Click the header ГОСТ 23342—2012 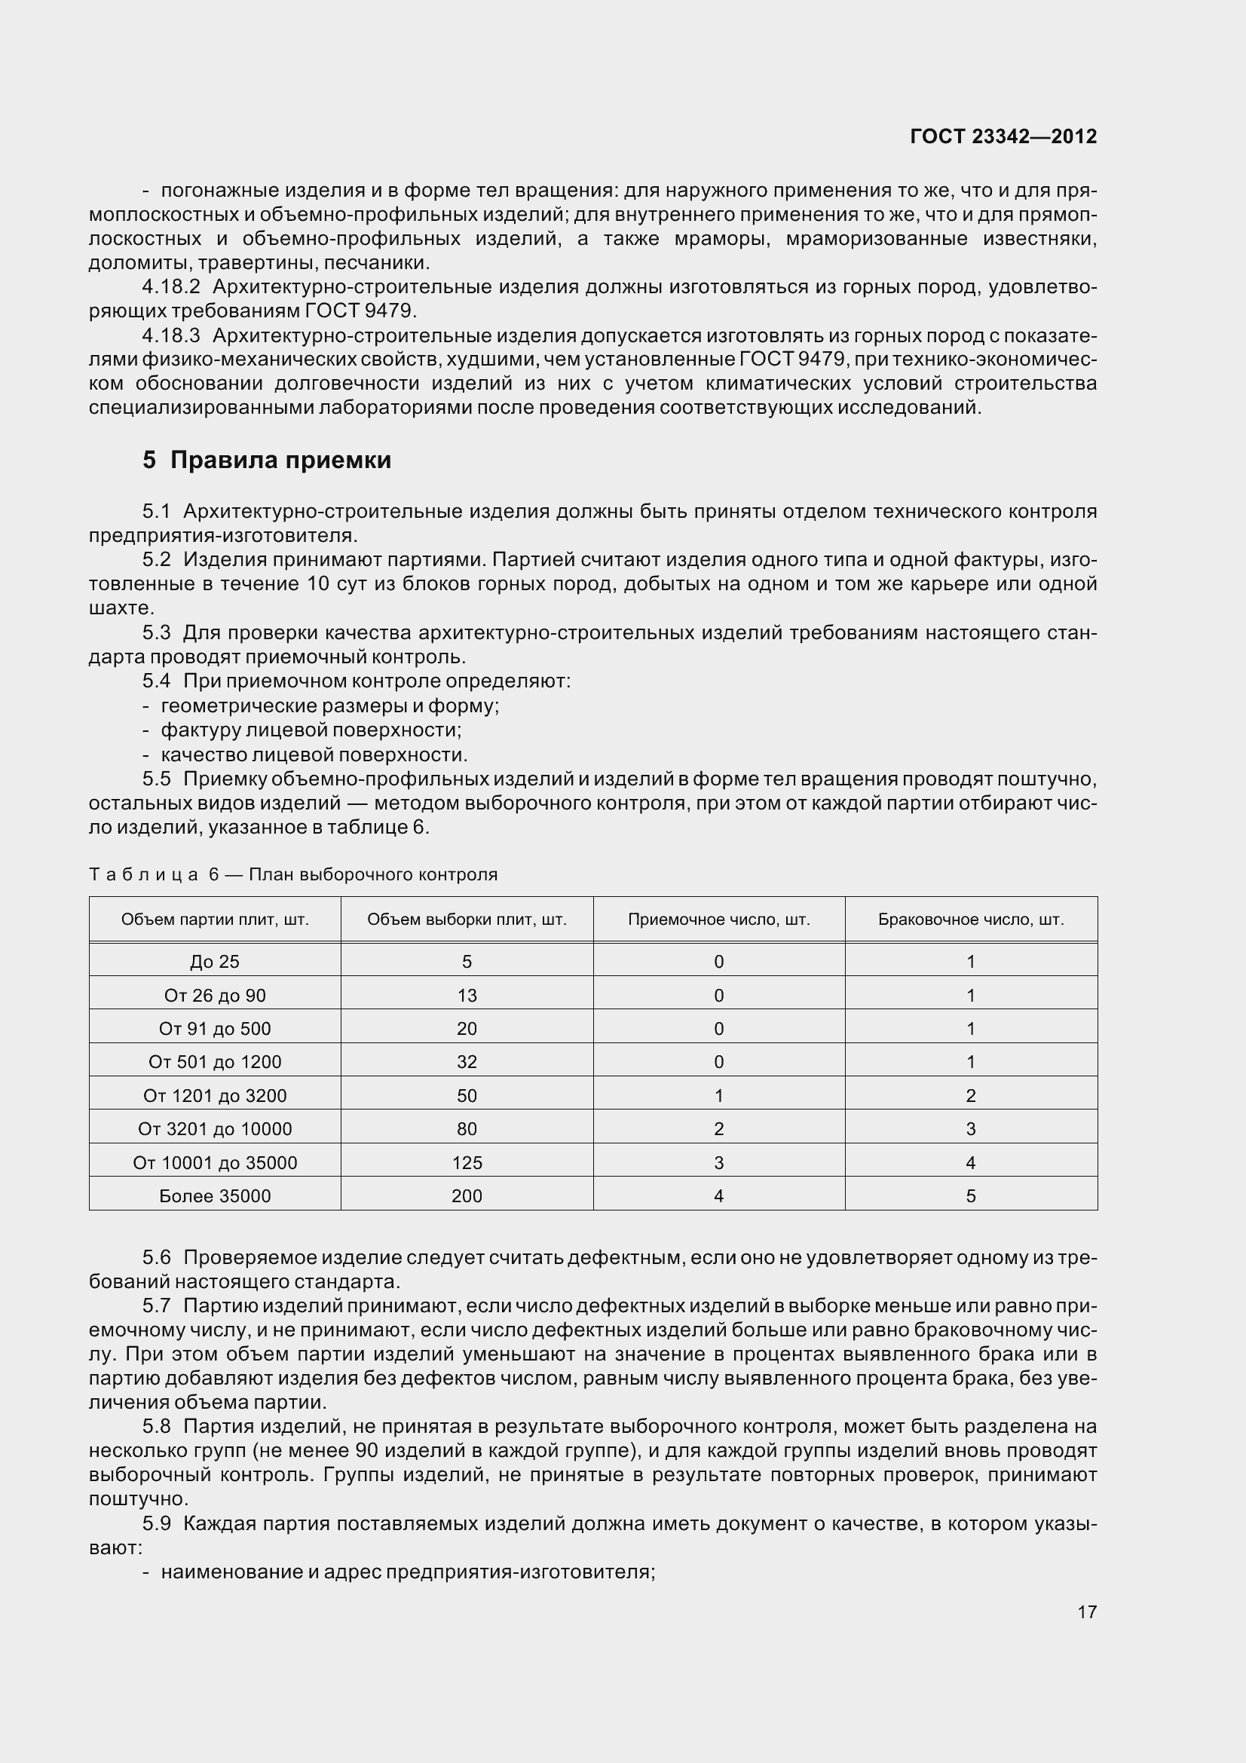click(x=1003, y=136)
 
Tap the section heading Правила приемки click(x=280, y=460)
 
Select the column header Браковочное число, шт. click(x=970, y=919)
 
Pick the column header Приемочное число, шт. click(x=718, y=919)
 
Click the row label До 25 click(x=215, y=961)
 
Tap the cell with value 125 click(x=467, y=1162)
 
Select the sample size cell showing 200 click(x=467, y=1195)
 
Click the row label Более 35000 click(x=215, y=1195)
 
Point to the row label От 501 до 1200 click(x=215, y=1062)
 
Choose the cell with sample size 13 click(x=467, y=995)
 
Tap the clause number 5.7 click(x=156, y=1306)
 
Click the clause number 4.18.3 click(x=170, y=335)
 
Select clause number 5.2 click(x=156, y=560)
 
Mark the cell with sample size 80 click(x=467, y=1129)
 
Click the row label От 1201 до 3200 click(x=215, y=1096)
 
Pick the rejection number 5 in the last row click(x=970, y=1195)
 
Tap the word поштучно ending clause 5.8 click(x=138, y=1499)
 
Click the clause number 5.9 click(x=156, y=1523)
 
